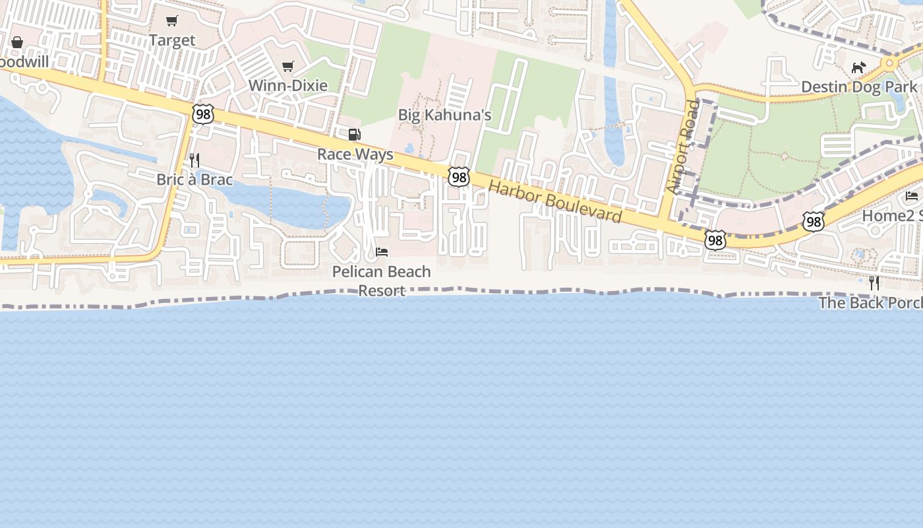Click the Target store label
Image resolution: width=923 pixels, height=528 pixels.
coord(172,40)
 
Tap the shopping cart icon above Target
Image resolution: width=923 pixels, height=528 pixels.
coord(172,21)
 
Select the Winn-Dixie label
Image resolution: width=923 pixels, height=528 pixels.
coord(288,86)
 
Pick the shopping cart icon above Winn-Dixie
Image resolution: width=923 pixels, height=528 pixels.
coord(287,66)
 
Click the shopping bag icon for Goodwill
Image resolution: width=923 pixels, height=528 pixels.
coord(17,42)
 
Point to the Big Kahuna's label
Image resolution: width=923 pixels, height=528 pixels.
coord(444,115)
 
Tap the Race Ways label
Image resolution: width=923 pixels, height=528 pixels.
coord(355,154)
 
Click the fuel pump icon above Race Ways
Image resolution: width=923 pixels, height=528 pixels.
coord(354,135)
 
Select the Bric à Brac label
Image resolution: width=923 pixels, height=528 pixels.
coord(194,180)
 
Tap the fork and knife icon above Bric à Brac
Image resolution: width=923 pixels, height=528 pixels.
coord(194,160)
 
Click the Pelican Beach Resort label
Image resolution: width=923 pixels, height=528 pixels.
coord(381,280)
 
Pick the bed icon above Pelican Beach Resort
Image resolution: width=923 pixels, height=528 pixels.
coord(382,251)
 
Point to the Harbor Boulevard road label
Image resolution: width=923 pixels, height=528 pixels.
coord(555,201)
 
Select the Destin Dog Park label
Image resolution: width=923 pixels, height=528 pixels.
coord(858,87)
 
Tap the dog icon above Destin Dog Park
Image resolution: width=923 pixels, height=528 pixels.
coord(858,67)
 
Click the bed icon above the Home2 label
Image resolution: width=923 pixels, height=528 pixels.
coord(912,195)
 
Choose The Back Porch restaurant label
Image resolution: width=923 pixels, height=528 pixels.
coord(870,302)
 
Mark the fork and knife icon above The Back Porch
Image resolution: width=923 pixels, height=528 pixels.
coord(874,283)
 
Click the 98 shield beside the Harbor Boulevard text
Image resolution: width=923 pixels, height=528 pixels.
coord(459,177)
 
